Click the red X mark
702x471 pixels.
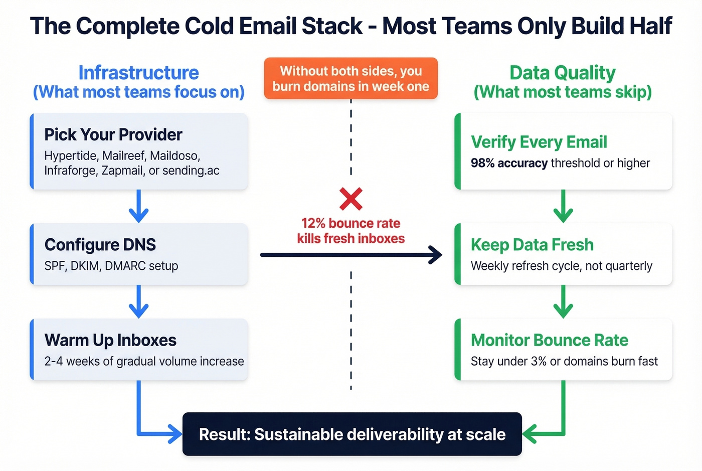pos(350,199)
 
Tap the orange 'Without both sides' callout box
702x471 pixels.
pos(350,78)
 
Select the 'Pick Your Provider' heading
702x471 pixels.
pos(113,134)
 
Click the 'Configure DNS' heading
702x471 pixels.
pos(100,245)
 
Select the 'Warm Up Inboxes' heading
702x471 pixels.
pos(110,340)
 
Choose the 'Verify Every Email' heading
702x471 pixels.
pos(539,142)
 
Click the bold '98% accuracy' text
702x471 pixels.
pos(509,163)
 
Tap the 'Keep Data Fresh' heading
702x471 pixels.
pos(532,245)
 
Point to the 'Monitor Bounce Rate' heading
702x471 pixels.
pos(549,340)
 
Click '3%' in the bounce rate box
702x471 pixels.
pos(539,361)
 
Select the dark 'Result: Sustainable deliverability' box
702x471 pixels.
pos(352,434)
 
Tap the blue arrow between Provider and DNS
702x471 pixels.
pos(138,207)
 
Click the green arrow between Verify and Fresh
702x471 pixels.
pos(563,207)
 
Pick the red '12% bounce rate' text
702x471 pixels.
pos(350,223)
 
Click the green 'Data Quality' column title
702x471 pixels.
pos(563,73)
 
